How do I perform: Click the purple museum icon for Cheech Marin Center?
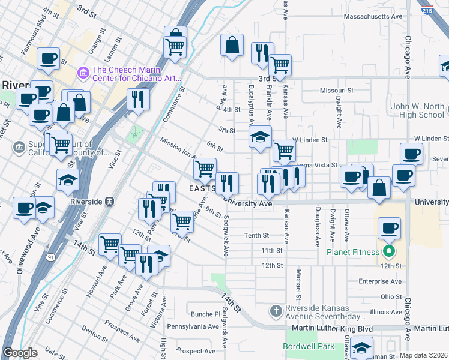83,73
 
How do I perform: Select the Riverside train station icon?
109,202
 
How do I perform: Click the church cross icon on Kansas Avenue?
276,310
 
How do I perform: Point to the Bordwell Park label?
309,347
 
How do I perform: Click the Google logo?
20,353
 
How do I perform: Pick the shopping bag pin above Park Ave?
232,45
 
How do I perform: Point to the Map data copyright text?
423,355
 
